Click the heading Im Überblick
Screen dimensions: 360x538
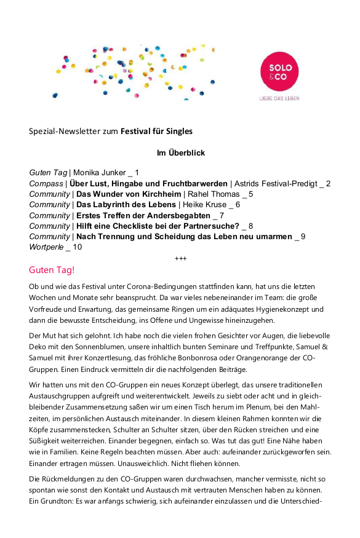180,152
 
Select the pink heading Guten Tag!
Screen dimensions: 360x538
52,270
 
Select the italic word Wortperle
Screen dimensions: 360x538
47,247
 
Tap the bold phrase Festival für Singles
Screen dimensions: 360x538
156,131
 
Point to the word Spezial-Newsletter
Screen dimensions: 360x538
66,131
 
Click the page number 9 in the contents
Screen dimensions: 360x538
303,237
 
